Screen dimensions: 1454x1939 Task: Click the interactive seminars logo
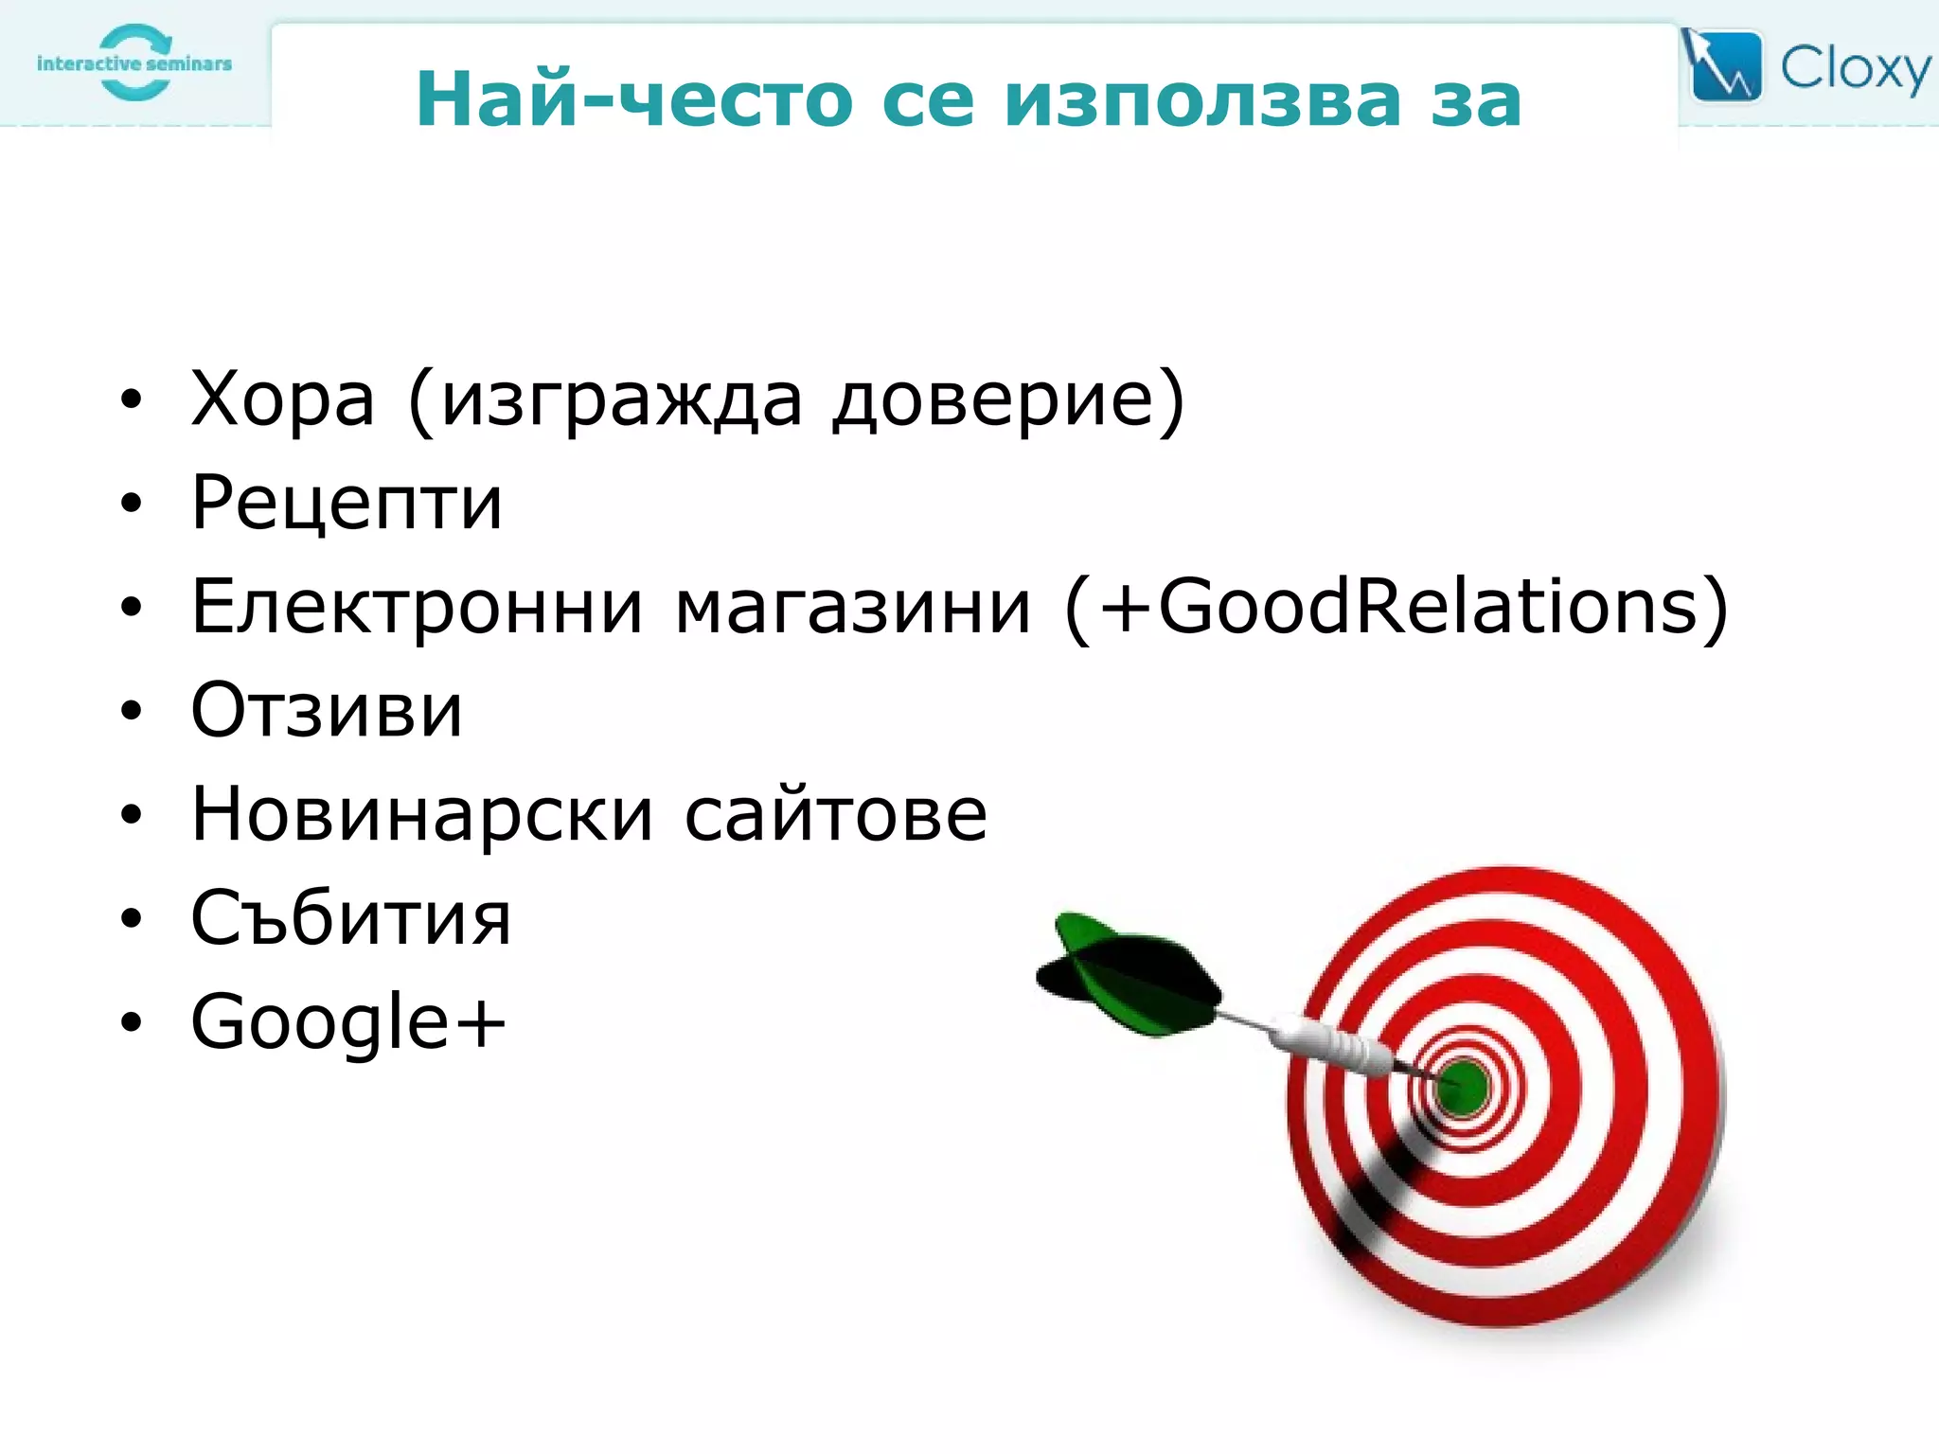pyautogui.click(x=134, y=63)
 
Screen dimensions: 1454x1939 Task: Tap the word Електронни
pyautogui.click(x=417, y=607)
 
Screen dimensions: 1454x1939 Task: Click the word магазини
pyautogui.click(x=852, y=607)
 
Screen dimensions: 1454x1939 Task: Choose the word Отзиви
pyautogui.click(x=327, y=710)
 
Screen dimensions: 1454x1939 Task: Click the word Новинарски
pyautogui.click(x=422, y=814)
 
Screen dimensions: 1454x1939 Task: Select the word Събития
pyautogui.click(x=350, y=918)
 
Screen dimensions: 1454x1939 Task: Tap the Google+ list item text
pyautogui.click(x=348, y=1022)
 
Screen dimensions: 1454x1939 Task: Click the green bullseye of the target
pyautogui.click(x=1463, y=1087)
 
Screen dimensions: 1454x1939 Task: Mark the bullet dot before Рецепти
pyautogui.click(x=131, y=504)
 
